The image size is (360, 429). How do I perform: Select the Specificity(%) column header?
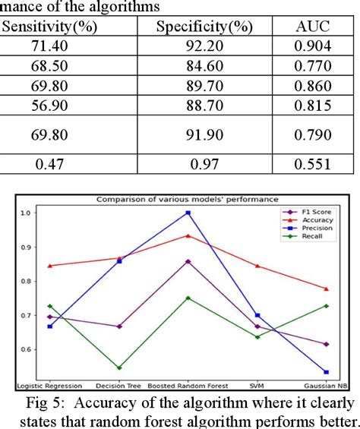click(x=204, y=27)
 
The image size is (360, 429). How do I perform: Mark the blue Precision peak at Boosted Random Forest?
click(x=188, y=213)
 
